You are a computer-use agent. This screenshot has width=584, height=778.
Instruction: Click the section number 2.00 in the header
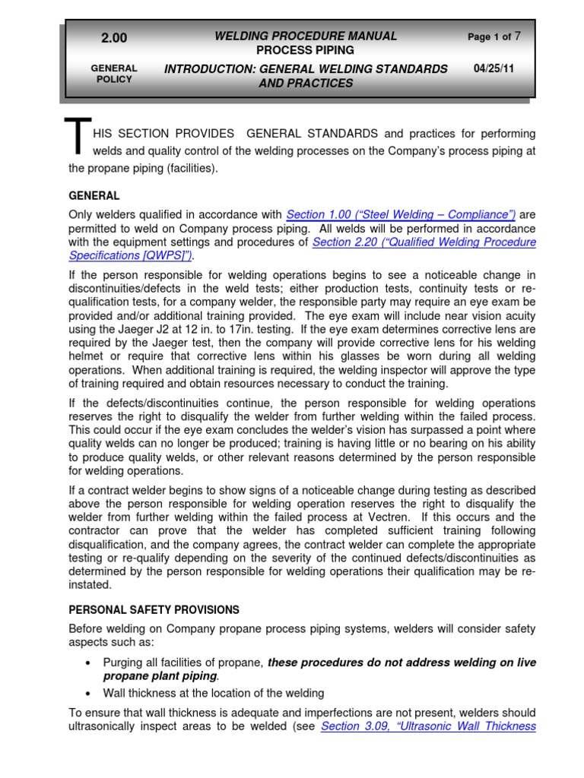pos(114,39)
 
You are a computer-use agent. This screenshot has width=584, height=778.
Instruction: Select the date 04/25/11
pos(494,68)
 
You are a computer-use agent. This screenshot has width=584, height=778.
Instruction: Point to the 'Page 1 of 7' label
pos(494,36)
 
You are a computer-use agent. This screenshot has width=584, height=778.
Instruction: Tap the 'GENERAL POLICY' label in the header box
pos(113,74)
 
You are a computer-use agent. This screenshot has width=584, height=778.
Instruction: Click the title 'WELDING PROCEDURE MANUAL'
pos(306,36)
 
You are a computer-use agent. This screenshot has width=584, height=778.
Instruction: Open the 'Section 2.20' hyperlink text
pos(424,242)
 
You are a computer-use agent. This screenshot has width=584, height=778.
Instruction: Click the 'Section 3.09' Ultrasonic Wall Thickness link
pos(428,726)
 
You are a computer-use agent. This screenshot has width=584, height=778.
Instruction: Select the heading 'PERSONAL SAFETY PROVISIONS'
pos(154,609)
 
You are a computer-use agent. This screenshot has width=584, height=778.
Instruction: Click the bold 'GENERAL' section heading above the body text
pos(94,195)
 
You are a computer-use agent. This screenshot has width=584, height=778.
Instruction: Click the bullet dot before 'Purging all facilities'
pos(90,663)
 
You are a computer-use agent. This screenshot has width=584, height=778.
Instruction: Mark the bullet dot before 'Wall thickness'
pos(90,694)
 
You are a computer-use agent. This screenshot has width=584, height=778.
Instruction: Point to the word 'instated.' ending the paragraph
pos(90,585)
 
